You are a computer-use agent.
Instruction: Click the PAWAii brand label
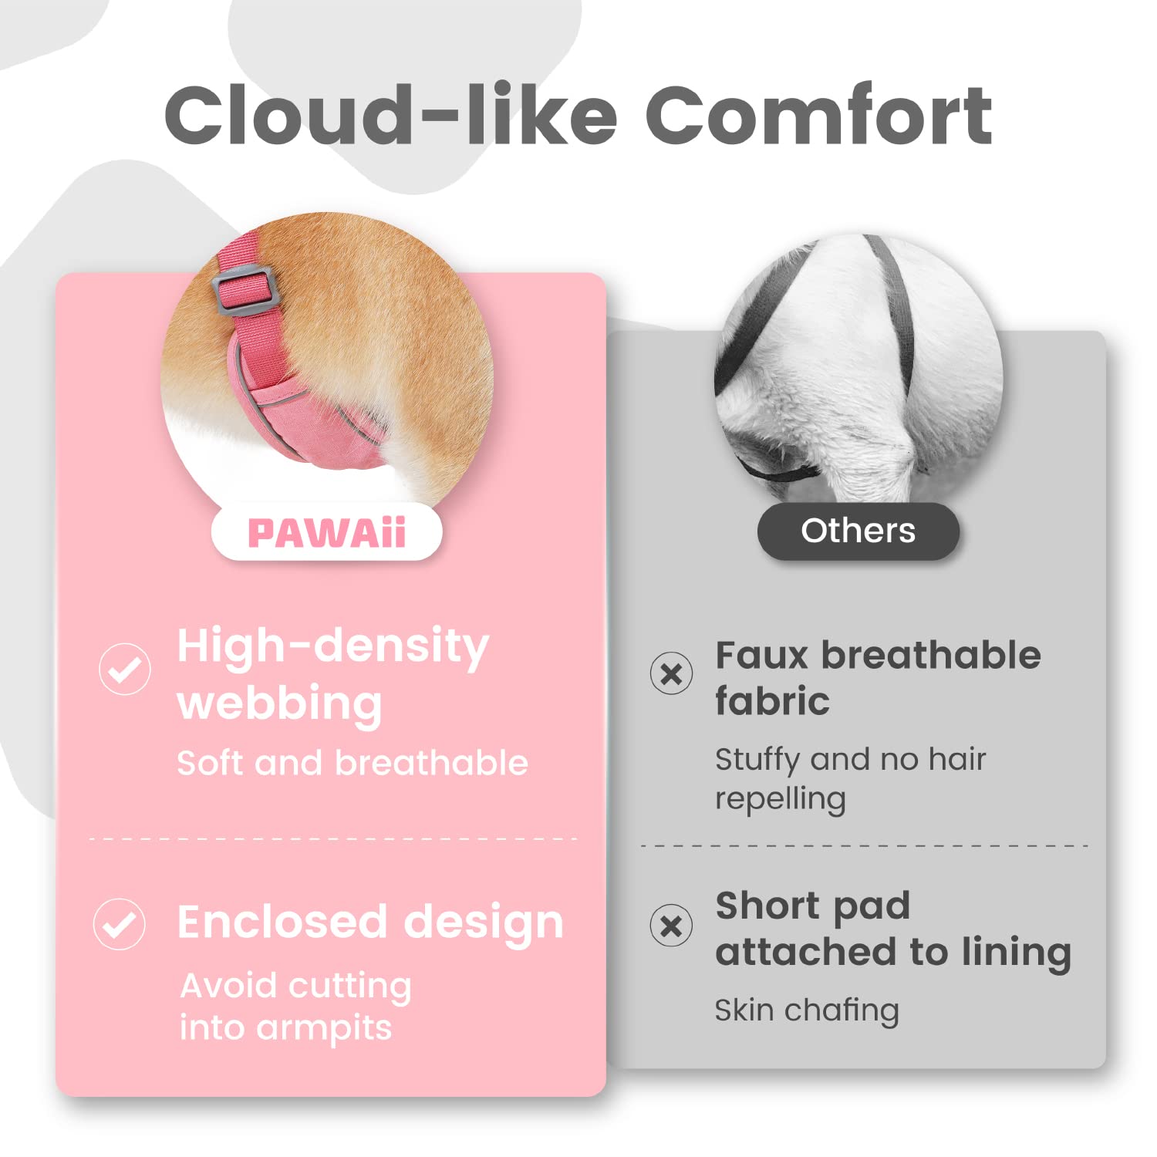point(326,532)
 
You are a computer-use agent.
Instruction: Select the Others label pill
point(858,531)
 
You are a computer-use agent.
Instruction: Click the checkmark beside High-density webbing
point(125,669)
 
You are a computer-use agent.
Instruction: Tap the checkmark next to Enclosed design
point(120,923)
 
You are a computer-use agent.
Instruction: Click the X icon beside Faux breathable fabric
point(671,673)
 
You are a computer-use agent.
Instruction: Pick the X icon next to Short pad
point(671,925)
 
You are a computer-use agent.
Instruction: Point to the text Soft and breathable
point(352,763)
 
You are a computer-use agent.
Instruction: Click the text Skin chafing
point(807,1010)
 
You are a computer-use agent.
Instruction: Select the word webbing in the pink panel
point(280,703)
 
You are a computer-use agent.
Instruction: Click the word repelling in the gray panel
point(781,799)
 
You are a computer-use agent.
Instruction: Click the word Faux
point(761,656)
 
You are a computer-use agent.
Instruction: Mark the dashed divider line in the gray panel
point(864,846)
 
